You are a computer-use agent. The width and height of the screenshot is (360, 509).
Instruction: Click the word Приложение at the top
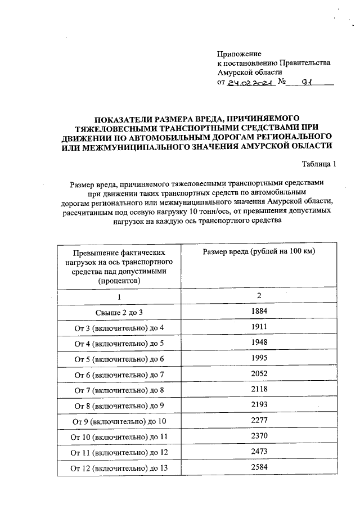(x=239, y=53)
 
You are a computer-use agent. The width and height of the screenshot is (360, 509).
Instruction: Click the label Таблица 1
(x=319, y=164)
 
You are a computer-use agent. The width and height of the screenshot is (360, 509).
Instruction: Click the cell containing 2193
(x=259, y=404)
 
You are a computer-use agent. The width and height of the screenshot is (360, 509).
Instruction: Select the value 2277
(x=259, y=420)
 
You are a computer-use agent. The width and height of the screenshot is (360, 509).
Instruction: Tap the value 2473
(x=259, y=451)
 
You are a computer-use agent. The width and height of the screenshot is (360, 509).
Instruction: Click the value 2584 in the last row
(x=259, y=466)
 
